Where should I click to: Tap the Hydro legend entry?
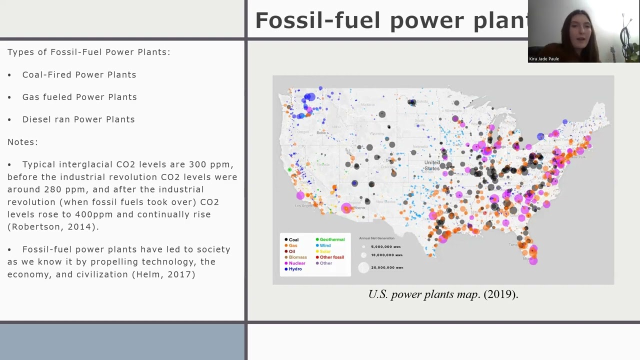(x=293, y=269)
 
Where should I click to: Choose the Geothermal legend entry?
(x=330, y=239)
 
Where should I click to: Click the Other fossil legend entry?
(x=330, y=257)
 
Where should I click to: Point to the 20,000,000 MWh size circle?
(x=363, y=268)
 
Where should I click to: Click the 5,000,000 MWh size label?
(x=385, y=246)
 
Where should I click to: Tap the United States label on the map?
(x=432, y=165)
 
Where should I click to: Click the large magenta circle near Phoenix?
(x=346, y=207)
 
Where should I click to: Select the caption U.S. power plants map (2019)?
(x=443, y=294)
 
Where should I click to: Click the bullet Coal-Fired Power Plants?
(x=79, y=74)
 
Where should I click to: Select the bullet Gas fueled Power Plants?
(x=79, y=97)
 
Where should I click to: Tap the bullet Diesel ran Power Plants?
(x=78, y=119)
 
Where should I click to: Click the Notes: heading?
(x=22, y=142)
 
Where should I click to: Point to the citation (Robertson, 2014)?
(x=53, y=227)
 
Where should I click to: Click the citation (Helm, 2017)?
(x=163, y=274)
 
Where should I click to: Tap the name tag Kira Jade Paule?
(x=544, y=59)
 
